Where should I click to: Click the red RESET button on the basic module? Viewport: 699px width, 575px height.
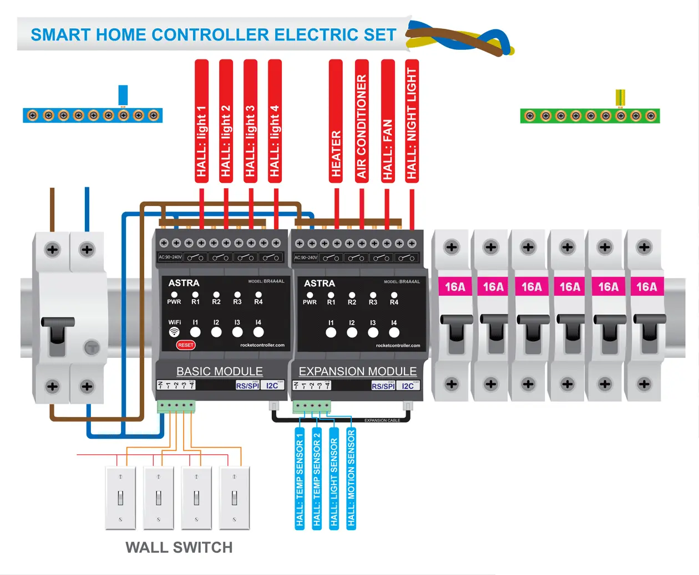tap(186, 345)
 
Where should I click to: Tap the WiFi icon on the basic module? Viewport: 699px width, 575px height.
tap(174, 332)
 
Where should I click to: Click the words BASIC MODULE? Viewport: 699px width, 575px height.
tap(220, 371)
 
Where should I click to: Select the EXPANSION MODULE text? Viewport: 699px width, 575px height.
tap(357, 371)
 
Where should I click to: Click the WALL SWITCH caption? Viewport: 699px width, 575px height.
tap(179, 547)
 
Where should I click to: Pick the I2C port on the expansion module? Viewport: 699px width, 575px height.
tap(408, 386)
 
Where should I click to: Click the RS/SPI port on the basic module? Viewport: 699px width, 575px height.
tap(247, 386)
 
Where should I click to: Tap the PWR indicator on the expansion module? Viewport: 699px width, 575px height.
tap(310, 295)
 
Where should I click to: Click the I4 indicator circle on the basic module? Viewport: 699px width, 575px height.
tap(259, 332)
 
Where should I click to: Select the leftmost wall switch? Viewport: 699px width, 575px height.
tap(120, 497)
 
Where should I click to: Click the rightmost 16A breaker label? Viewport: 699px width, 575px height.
tap(646, 287)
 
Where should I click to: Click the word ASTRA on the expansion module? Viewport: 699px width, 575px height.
tap(320, 283)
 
